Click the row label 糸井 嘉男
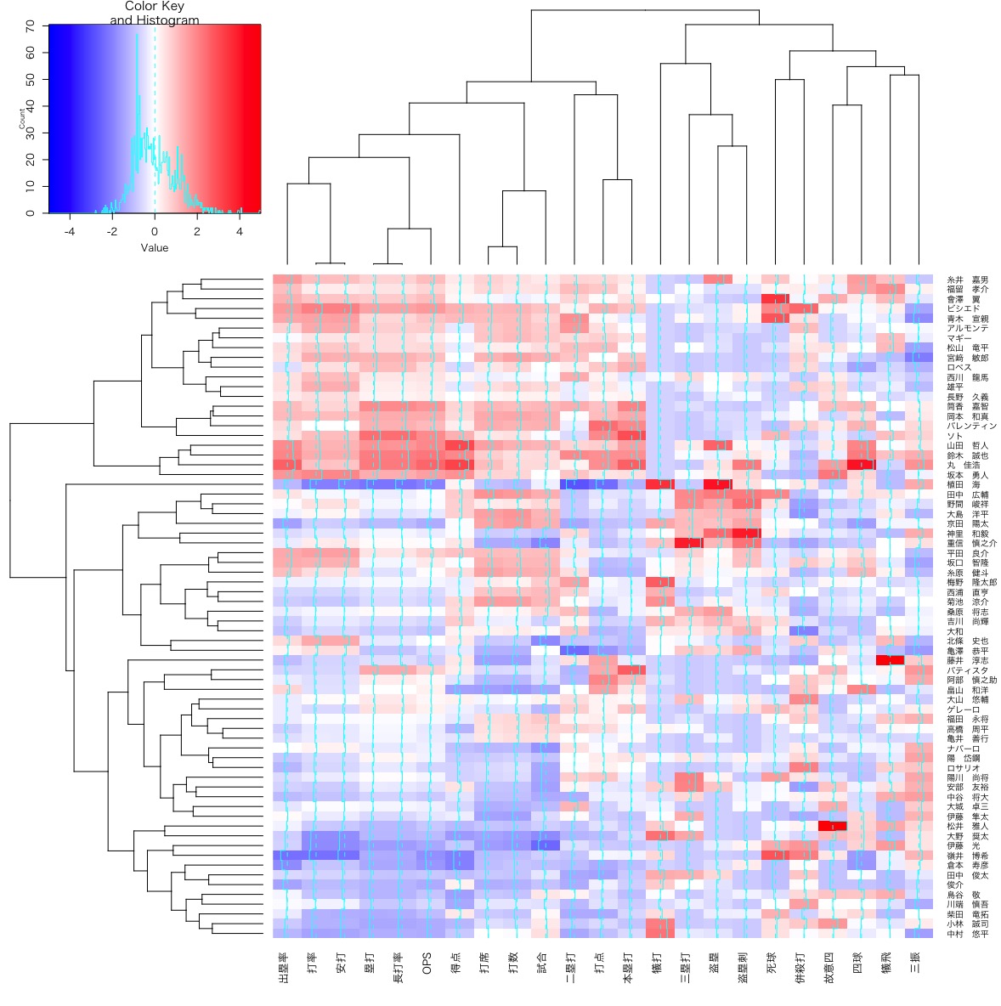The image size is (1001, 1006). (967, 280)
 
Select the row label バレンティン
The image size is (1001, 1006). (971, 427)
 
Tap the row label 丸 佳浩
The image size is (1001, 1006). (962, 466)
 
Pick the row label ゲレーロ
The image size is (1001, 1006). (964, 709)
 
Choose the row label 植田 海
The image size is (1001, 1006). (962, 484)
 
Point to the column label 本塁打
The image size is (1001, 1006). (628, 969)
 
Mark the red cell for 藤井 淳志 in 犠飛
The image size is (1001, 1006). (890, 660)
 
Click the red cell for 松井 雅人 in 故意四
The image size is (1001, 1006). (833, 826)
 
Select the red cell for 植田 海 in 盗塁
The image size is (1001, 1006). (717, 484)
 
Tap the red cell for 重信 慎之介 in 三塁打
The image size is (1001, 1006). (689, 543)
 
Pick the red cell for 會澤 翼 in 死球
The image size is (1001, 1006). (775, 299)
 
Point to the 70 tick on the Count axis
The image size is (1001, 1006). (31, 25)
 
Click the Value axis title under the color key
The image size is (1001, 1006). (155, 248)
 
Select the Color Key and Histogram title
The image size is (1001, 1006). (155, 14)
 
